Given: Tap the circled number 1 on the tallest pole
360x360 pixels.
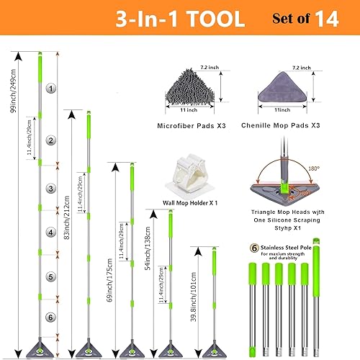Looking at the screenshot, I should coord(50,89).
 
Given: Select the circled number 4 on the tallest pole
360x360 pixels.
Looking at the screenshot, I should coord(50,232).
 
